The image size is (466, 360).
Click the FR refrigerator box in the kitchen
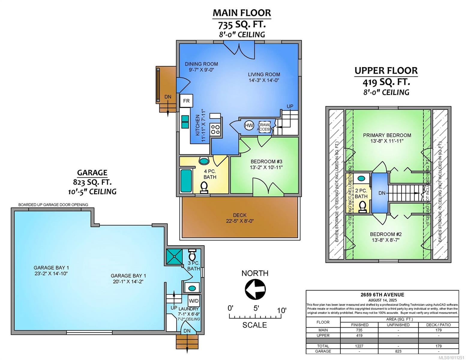(186, 101)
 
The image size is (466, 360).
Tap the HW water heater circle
(249, 125)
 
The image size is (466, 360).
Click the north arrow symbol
(255, 289)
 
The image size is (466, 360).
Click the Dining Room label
(201, 64)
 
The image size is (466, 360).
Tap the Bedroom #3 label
(266, 161)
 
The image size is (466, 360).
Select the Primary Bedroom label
(387, 135)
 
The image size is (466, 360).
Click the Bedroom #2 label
(386, 234)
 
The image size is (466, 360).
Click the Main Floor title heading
(242, 13)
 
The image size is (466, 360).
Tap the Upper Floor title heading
(386, 71)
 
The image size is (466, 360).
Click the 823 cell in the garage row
(398, 351)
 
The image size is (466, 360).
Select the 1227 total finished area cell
(359, 346)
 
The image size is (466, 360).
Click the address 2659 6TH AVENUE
(382, 295)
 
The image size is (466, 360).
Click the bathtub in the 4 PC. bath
(186, 181)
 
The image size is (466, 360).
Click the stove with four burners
(215, 129)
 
